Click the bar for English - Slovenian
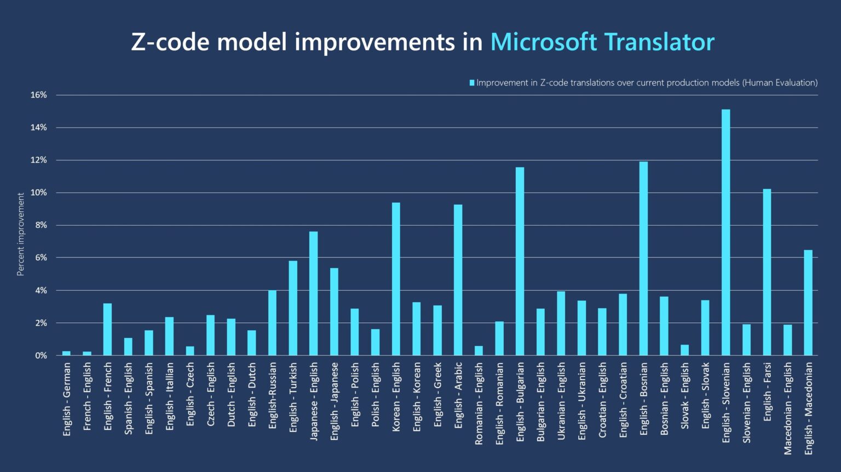[x=725, y=233]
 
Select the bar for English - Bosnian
[x=643, y=258]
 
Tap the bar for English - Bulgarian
[x=520, y=261]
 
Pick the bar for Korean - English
[x=396, y=279]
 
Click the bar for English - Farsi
[x=767, y=272]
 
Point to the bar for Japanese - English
[x=313, y=293]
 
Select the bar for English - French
[x=107, y=329]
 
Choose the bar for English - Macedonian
[x=808, y=303]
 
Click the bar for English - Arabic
[x=458, y=280]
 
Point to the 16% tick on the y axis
[x=39, y=95]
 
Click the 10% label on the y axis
[x=39, y=193]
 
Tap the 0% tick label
[x=41, y=355]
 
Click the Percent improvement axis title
[x=21, y=234]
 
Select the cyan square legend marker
[x=471, y=83]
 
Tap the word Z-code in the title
[x=170, y=42]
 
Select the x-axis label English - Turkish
[x=293, y=396]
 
